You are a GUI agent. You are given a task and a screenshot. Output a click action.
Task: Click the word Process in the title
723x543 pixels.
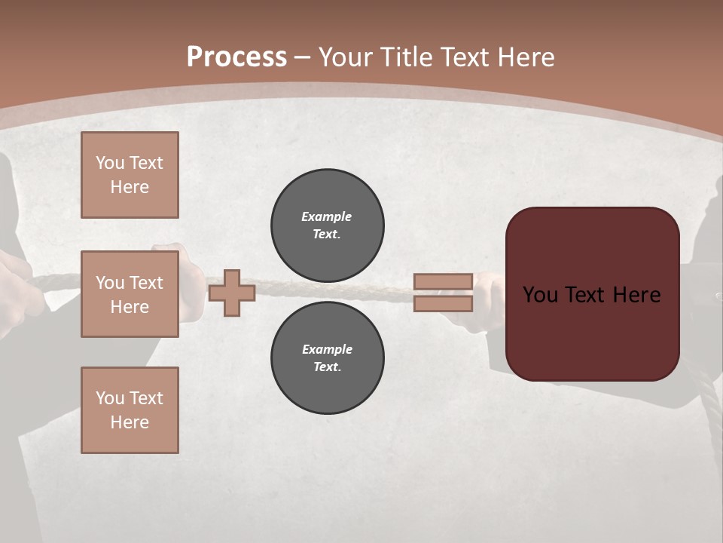236,57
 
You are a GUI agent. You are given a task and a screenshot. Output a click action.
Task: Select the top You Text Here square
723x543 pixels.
130,175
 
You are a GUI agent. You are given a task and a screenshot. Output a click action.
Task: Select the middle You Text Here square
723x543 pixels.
130,294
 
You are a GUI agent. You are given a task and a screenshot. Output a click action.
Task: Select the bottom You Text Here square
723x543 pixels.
130,410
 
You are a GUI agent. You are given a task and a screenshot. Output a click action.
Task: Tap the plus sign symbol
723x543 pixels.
232,293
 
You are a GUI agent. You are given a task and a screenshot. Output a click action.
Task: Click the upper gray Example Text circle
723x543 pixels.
327,225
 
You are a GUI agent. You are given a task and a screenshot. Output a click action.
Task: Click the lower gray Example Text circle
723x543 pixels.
327,357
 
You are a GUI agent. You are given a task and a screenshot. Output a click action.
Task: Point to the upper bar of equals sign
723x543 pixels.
443,281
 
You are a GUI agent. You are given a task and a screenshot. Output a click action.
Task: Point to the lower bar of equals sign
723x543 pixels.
443,303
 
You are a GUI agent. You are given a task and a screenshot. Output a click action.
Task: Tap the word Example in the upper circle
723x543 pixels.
327,216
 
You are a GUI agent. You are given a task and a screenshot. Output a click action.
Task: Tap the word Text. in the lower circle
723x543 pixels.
327,367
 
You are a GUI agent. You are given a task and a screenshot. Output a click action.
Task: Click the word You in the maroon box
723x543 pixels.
540,295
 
